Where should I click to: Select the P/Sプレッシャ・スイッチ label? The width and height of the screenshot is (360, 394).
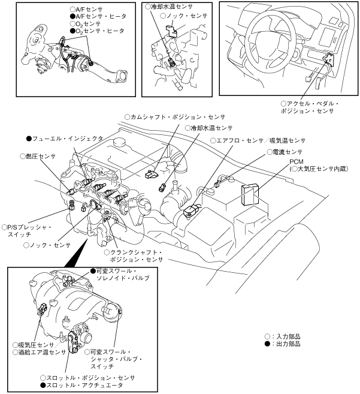[28, 231]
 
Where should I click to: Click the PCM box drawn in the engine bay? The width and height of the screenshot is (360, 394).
[249, 194]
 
